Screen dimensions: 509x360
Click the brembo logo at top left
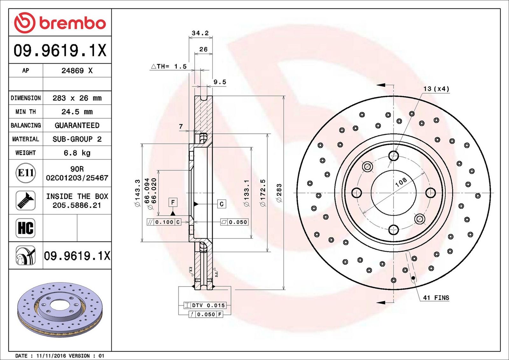click(x=60, y=23)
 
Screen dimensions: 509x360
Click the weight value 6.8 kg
click(x=77, y=153)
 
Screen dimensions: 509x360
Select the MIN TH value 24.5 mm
click(x=77, y=112)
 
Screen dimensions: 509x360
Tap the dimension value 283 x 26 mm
click(x=77, y=98)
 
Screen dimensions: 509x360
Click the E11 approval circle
click(x=26, y=173)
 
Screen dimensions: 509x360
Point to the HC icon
click(x=26, y=228)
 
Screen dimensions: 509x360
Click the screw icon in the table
click(x=26, y=201)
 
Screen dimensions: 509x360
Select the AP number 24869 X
click(x=77, y=71)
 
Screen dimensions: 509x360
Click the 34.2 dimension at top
click(x=200, y=33)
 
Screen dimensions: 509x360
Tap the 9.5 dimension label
click(x=220, y=82)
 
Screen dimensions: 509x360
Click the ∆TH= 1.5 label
click(x=169, y=66)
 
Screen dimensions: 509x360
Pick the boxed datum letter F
click(x=173, y=202)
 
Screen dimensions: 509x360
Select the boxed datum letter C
click(x=221, y=204)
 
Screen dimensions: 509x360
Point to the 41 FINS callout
click(x=436, y=298)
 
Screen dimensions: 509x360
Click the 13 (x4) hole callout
click(x=436, y=89)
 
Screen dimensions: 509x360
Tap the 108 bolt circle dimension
click(x=401, y=182)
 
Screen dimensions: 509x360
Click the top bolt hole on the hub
click(x=394, y=156)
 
